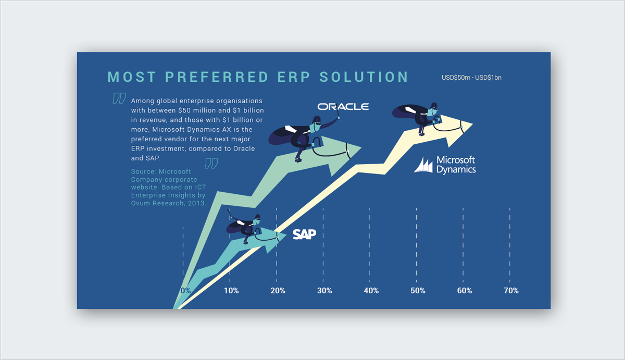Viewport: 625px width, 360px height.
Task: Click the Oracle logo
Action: coord(343,107)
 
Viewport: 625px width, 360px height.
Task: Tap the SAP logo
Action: coord(304,234)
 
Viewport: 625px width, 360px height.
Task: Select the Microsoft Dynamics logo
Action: coord(445,165)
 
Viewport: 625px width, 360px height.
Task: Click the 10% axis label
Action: coord(231,291)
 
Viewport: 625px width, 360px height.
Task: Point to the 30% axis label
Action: coord(324,291)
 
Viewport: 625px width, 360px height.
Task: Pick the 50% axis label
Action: coord(418,291)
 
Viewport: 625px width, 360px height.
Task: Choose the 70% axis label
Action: coord(511,291)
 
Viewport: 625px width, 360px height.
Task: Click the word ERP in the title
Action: coord(294,77)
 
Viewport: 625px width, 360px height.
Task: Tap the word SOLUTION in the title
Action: coord(364,77)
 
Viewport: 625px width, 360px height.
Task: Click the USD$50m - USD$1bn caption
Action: coord(471,78)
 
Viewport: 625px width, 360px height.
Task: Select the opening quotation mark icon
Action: coord(119,98)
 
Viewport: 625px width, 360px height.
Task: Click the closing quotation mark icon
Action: coord(211,163)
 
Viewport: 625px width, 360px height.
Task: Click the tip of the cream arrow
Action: coord(473,124)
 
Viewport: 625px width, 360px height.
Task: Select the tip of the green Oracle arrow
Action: coord(361,147)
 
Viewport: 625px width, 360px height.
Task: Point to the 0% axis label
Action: coord(185,291)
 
